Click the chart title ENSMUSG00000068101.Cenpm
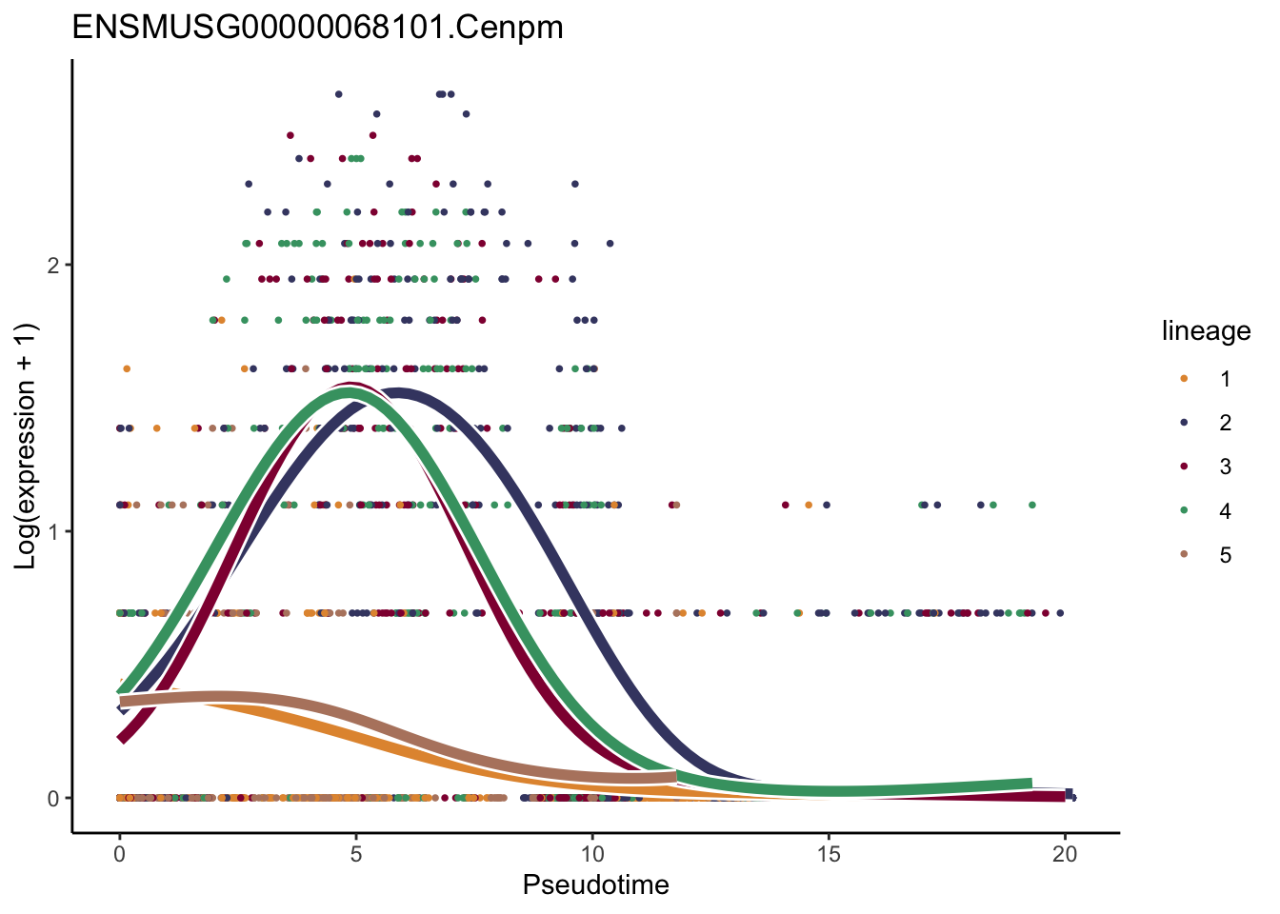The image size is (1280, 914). tap(317, 27)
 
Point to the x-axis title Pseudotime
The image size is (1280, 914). tap(595, 884)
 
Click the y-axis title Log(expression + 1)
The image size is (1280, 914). tap(26, 446)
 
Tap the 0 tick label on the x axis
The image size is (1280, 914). tap(119, 854)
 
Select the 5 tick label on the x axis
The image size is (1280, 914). tap(355, 854)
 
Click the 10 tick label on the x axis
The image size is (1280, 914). tap(591, 854)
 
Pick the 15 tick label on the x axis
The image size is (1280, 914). tap(829, 854)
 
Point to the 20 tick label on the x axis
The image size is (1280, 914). tap(1065, 854)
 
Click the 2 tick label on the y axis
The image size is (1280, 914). tap(53, 265)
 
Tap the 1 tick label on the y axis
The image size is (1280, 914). tap(53, 531)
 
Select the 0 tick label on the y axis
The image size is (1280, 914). tap(53, 798)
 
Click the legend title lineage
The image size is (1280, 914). tap(1206, 331)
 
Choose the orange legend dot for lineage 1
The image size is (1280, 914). tap(1184, 378)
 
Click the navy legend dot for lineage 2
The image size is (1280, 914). tap(1184, 423)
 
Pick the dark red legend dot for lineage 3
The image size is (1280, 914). tap(1184, 467)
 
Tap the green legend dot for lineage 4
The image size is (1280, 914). tap(1184, 511)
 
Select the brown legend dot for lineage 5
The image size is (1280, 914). tap(1184, 555)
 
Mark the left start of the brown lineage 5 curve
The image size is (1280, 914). tap(121, 702)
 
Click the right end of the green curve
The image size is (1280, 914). tap(1030, 784)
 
